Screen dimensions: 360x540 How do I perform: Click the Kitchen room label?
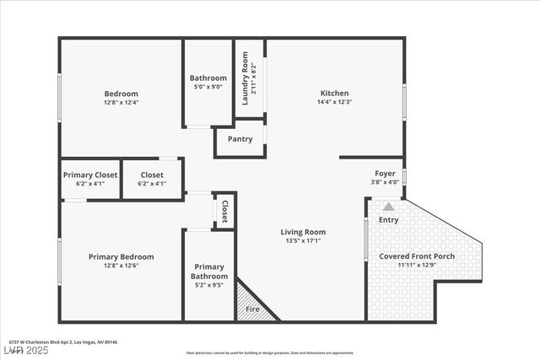(x=334, y=93)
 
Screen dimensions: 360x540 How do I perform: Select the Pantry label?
(x=240, y=139)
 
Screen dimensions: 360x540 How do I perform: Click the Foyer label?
(x=385, y=172)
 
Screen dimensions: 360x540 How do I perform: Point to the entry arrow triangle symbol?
(x=388, y=206)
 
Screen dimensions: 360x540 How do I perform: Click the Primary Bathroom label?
(x=208, y=271)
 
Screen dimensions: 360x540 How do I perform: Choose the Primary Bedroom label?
(x=121, y=256)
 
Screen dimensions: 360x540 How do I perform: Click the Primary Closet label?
(x=90, y=175)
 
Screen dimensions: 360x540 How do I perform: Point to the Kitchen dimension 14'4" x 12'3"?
(x=334, y=102)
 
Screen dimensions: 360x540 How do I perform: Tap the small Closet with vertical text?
(x=224, y=211)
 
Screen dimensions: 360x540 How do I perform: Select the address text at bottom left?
(x=63, y=341)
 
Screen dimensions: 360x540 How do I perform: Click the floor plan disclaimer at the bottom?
(x=270, y=352)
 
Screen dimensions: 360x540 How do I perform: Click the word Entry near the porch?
(x=388, y=220)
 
